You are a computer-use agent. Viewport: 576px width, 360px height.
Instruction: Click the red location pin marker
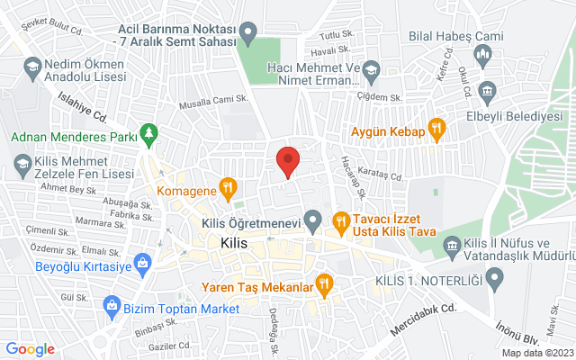[287, 161]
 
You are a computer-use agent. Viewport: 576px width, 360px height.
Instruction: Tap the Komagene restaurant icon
[229, 191]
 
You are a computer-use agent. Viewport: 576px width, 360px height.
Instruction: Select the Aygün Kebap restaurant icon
[437, 130]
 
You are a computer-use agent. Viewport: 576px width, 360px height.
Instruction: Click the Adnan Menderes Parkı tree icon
[149, 137]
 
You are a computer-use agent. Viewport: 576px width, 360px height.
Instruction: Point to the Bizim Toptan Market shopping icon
[112, 308]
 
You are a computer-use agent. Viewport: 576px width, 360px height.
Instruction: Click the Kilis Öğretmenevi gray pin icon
[313, 218]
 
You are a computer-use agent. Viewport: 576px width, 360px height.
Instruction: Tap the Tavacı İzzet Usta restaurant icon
[341, 219]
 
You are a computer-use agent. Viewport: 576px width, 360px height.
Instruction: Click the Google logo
[31, 349]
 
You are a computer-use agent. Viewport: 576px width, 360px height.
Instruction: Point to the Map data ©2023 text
[536, 353]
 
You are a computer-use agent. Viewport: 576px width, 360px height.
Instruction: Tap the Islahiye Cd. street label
[83, 107]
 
